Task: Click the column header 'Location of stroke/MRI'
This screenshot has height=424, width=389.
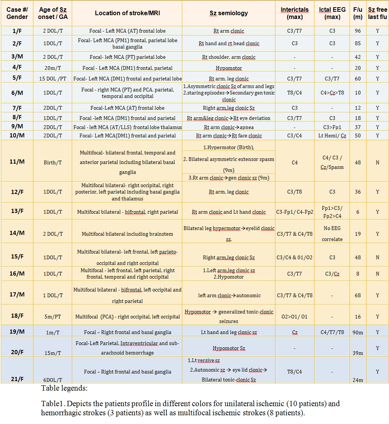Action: click(127, 13)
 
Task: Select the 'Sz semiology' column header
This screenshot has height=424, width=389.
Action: click(228, 13)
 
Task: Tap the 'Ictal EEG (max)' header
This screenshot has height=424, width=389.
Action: click(332, 13)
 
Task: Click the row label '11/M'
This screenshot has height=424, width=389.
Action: click(17, 162)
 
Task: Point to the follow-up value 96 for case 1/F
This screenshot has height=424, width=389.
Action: click(357, 31)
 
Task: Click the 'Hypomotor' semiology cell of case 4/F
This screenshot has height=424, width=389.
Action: click(228, 68)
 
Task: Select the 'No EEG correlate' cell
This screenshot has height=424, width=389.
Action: click(332, 234)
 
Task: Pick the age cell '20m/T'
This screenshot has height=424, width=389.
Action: click(53, 68)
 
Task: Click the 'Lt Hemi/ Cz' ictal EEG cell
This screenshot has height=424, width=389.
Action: click(332, 136)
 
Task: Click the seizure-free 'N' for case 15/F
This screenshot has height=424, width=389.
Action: click(377, 257)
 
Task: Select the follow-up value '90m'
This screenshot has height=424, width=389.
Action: click(357, 333)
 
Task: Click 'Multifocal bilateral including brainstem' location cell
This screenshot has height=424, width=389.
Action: click(127, 234)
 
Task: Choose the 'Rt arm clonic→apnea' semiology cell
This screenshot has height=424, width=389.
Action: click(228, 128)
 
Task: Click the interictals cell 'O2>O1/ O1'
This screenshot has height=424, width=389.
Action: click(294, 317)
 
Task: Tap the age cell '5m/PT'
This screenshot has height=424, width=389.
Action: click(53, 317)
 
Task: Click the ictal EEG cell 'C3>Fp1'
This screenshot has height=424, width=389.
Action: click(332, 128)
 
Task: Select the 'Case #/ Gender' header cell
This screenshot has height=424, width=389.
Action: click(17, 13)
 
